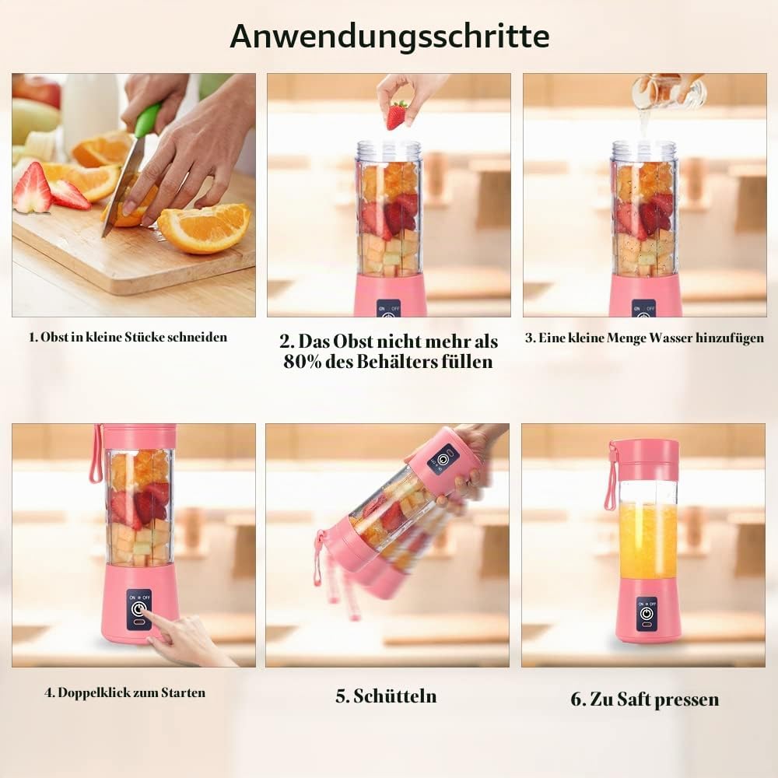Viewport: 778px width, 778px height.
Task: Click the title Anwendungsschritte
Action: tap(390, 36)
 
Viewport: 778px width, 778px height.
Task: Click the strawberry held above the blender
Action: tap(398, 114)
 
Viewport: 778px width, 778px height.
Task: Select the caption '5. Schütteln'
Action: tap(386, 696)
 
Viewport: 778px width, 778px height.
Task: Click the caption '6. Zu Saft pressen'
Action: tap(644, 699)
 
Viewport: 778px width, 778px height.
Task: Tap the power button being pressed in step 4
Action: tap(139, 608)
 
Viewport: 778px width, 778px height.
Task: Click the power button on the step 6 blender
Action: tap(646, 615)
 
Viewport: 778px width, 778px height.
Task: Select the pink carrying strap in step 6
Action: tap(612, 475)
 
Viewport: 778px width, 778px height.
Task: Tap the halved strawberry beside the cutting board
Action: tap(33, 188)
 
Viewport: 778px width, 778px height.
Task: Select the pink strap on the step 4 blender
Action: tap(95, 454)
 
